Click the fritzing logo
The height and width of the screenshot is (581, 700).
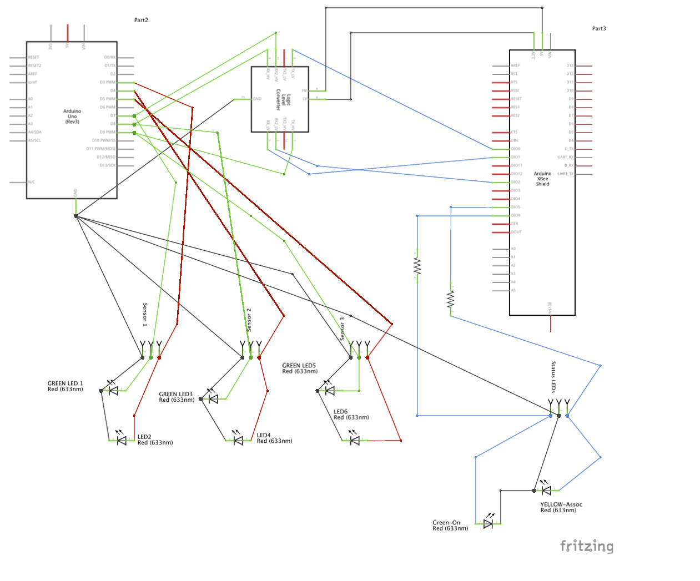click(587, 546)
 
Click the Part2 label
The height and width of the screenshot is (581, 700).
click(141, 20)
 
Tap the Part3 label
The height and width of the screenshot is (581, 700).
click(599, 28)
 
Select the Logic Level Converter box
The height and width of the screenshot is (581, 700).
click(280, 99)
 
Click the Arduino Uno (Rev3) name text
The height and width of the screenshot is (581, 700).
click(72, 117)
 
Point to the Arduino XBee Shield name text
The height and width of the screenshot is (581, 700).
click(542, 179)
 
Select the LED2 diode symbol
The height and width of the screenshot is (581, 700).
click(122, 441)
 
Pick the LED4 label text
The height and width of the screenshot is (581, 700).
click(264, 436)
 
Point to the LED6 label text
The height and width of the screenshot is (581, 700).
click(340, 412)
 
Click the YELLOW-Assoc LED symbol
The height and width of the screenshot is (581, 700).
click(546, 490)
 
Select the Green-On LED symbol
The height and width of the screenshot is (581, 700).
click(488, 523)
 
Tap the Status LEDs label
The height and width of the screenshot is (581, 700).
click(553, 377)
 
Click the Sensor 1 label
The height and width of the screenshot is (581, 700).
click(145, 315)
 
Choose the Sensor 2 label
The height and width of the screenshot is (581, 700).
click(249, 320)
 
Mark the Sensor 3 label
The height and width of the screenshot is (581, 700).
click(343, 329)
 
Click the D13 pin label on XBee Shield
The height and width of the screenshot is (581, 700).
click(570, 65)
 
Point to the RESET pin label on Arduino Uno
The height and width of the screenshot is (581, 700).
click(34, 57)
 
